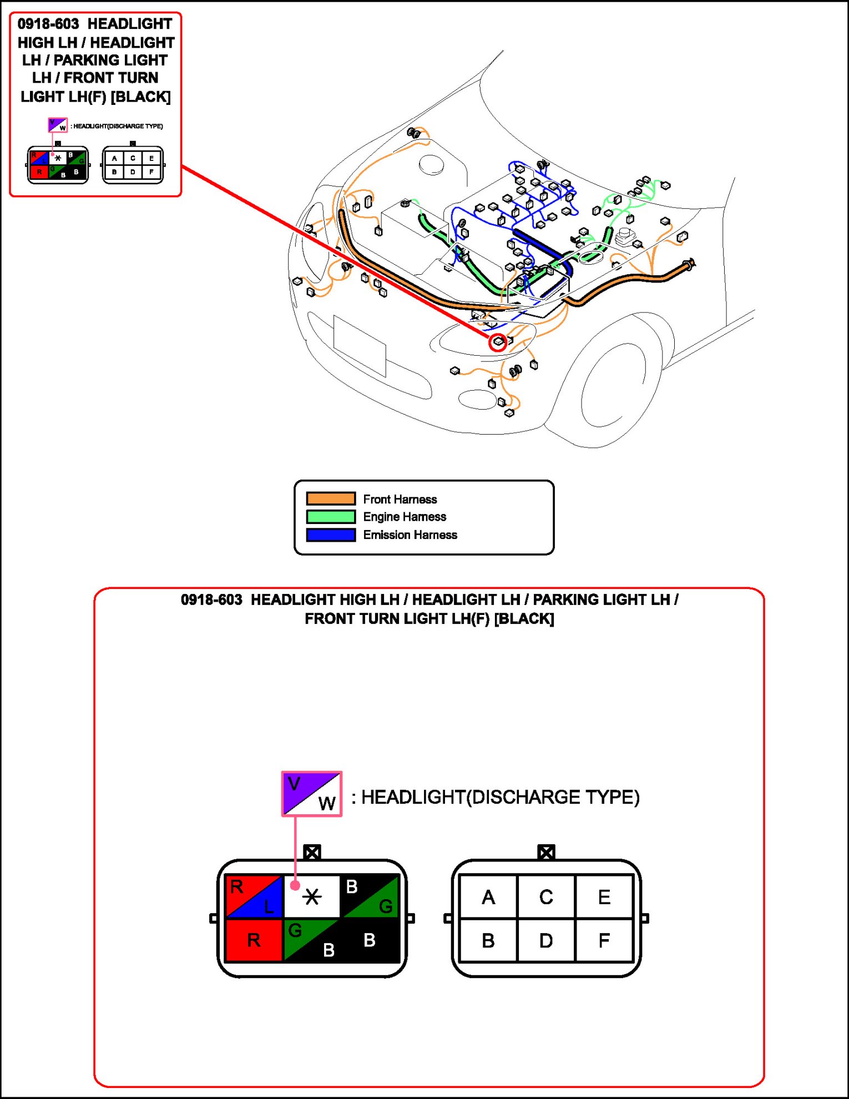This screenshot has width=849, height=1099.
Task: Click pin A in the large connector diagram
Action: pyautogui.click(x=488, y=896)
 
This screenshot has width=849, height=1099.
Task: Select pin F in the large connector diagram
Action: pyautogui.click(x=604, y=940)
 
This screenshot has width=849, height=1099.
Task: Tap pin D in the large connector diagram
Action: pyautogui.click(x=546, y=940)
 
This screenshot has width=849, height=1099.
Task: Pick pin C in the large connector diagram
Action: pyautogui.click(x=546, y=896)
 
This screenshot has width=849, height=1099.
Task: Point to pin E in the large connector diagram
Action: pyautogui.click(x=604, y=896)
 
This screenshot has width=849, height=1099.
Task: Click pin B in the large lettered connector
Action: pyautogui.click(x=488, y=940)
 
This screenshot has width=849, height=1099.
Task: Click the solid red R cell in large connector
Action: pyautogui.click(x=254, y=940)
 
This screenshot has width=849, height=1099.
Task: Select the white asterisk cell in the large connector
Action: pyautogui.click(x=312, y=896)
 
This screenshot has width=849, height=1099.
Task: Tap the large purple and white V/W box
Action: pyautogui.click(x=312, y=794)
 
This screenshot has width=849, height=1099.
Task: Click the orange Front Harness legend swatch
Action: pyautogui.click(x=331, y=498)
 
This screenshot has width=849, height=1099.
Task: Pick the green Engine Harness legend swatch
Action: pyautogui.click(x=331, y=517)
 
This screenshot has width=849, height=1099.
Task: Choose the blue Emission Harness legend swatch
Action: pyautogui.click(x=331, y=535)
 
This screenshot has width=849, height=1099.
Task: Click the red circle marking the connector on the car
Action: pyautogui.click(x=498, y=342)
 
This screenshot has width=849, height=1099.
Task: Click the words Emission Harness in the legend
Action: pyautogui.click(x=410, y=535)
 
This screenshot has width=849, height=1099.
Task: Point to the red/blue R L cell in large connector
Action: pyautogui.click(x=254, y=896)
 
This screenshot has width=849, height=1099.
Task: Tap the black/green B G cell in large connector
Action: pyautogui.click(x=370, y=896)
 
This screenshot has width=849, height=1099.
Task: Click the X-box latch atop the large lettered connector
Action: pyautogui.click(x=546, y=852)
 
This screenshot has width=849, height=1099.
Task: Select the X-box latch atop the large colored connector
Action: pyautogui.click(x=312, y=852)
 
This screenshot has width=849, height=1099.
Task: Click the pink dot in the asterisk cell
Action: pyautogui.click(x=295, y=885)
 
